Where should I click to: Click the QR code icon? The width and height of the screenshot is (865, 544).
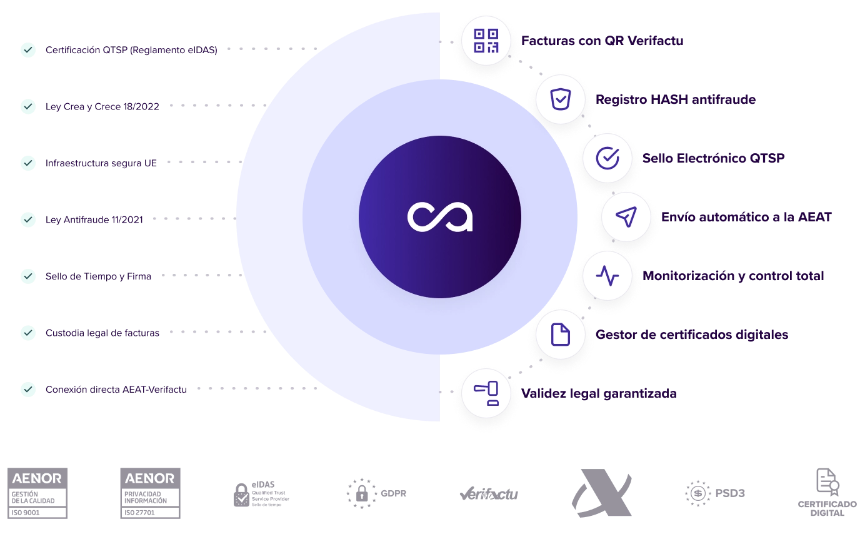pos(486,41)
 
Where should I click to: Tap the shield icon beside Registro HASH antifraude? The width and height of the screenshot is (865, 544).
pos(561,99)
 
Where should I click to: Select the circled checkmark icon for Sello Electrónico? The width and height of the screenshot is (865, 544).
pos(607,158)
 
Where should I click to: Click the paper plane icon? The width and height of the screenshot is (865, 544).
pos(626,217)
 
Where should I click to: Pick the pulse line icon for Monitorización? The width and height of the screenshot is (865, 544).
pos(607,276)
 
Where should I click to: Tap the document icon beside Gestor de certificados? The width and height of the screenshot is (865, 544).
pos(561,335)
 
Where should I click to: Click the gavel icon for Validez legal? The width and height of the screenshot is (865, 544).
pos(486,393)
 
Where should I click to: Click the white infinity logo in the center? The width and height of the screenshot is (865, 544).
pos(440,217)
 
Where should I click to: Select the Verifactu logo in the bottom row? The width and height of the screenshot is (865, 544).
pos(487,495)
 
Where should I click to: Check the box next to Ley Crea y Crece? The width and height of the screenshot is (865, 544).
pos(28,106)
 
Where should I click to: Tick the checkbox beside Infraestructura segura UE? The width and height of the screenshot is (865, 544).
pos(28,163)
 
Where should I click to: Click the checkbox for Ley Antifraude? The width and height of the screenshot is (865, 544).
pos(28,219)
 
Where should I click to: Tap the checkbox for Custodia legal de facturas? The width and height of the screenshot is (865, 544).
pos(28,333)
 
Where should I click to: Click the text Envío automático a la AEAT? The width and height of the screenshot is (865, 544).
pos(747,217)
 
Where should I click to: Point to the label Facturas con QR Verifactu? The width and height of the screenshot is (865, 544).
pos(602,41)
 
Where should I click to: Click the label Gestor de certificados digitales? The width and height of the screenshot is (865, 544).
pos(692,335)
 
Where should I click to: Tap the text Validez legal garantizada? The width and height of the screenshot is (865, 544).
pos(599,393)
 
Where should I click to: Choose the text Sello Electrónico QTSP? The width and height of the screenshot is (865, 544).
pos(713,158)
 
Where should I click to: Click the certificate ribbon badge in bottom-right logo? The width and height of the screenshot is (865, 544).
pos(834,486)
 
